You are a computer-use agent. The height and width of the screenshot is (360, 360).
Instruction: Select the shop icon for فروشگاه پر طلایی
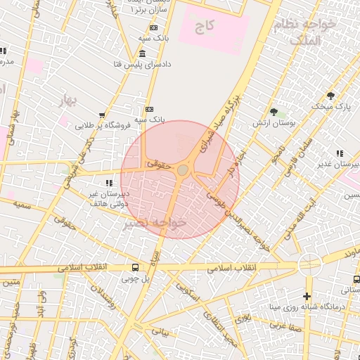tap(103, 115)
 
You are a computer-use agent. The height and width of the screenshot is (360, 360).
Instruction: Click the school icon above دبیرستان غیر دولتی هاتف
tap(108, 182)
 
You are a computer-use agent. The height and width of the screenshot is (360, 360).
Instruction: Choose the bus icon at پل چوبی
tap(134, 267)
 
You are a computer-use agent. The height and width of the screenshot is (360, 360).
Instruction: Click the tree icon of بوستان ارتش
tap(274, 111)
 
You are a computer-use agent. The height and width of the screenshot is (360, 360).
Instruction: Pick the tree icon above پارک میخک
tap(330, 96)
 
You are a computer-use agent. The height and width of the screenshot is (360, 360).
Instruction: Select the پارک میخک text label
tap(331, 107)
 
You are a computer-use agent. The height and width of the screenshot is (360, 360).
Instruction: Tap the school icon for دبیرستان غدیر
tap(340, 153)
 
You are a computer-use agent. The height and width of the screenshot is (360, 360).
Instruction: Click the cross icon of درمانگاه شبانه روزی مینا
tap(307, 296)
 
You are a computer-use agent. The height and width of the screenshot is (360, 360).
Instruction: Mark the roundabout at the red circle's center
tap(183, 170)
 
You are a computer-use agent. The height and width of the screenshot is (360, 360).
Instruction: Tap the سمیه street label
tap(23, 204)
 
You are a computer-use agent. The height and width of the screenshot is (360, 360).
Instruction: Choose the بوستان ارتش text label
tap(274, 123)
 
